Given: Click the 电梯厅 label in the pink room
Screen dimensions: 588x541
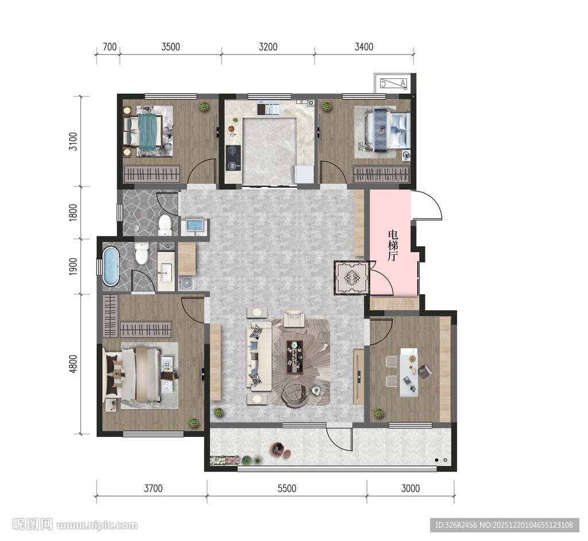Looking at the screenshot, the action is [x=393, y=245].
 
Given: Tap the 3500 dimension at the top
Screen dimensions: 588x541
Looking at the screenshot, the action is [x=171, y=47].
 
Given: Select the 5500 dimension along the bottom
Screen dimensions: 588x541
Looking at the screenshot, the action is [x=287, y=489].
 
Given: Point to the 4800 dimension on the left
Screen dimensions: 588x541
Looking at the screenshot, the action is [x=73, y=364].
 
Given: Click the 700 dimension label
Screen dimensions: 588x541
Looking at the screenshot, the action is [x=110, y=47].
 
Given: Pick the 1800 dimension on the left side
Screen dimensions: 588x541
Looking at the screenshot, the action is [x=73, y=213].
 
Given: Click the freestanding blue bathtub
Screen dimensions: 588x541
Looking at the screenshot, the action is [x=111, y=266].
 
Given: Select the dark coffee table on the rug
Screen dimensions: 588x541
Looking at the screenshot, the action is [x=295, y=356].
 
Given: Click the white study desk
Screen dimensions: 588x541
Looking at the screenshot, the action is [x=408, y=372].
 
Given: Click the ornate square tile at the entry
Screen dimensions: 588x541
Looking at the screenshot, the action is [x=351, y=278].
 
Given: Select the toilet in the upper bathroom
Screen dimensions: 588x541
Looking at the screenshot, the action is [x=165, y=225].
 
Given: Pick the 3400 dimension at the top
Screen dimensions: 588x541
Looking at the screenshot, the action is [x=364, y=47].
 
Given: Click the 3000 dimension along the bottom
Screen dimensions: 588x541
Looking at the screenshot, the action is [x=411, y=489].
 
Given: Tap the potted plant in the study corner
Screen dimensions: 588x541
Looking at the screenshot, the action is [x=378, y=414].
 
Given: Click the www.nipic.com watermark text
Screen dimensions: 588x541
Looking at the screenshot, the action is [x=97, y=525].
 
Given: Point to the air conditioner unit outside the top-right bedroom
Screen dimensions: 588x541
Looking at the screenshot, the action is [x=393, y=83].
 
